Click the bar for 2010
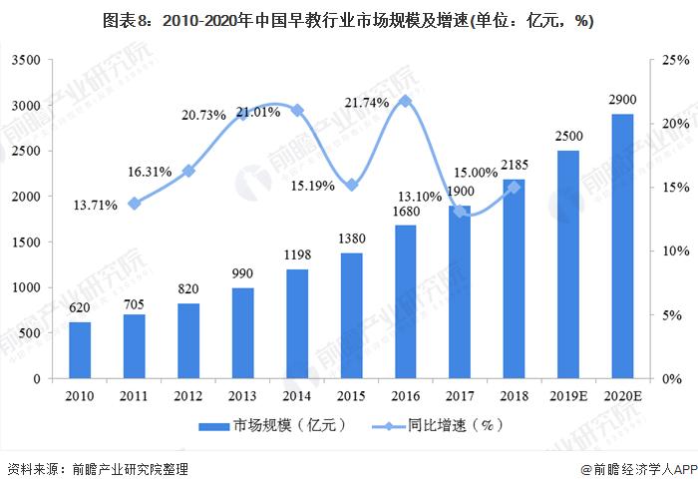click(x=80, y=350)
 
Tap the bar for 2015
click(x=351, y=315)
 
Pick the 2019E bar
click(x=567, y=264)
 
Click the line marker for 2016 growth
click(x=405, y=101)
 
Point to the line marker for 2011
click(x=135, y=204)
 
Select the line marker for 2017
click(x=460, y=211)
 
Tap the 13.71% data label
click(x=96, y=205)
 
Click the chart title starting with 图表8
click(x=349, y=22)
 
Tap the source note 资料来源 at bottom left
click(x=97, y=469)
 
